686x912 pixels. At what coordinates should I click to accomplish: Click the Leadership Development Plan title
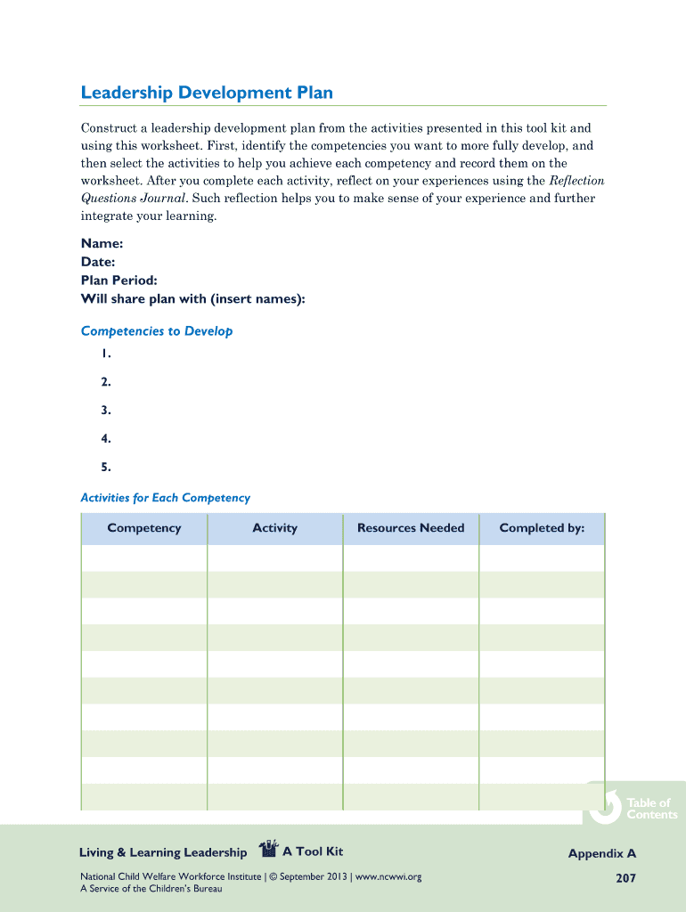(207, 93)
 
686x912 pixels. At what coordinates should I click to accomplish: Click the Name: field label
(102, 243)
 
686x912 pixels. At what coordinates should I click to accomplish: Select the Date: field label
(98, 262)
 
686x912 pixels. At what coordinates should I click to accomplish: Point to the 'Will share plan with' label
(192, 299)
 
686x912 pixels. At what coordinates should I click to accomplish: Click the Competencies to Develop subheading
(157, 331)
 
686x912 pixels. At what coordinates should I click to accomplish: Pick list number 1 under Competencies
(106, 354)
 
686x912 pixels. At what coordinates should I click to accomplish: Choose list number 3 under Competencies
(106, 411)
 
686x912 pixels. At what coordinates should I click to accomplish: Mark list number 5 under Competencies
(106, 467)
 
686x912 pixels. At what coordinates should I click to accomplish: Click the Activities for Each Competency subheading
(165, 498)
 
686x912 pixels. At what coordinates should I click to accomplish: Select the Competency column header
(143, 528)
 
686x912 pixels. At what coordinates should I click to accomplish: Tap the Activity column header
(274, 528)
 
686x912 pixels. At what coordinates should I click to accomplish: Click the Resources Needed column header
(411, 528)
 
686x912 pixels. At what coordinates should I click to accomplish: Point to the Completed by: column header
(542, 528)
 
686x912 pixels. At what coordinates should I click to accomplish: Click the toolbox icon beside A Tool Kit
(267, 851)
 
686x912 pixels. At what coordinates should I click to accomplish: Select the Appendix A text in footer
(602, 854)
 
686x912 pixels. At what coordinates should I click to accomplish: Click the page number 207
(625, 878)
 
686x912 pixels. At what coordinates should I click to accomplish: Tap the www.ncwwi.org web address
(388, 877)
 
